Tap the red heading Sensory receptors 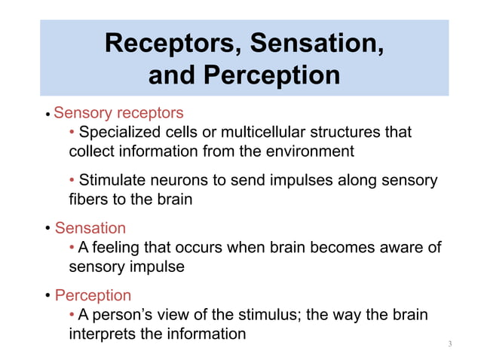click(118, 113)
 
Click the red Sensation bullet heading click(90, 228)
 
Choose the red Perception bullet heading click(93, 295)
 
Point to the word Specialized click(121, 133)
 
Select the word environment click(308, 151)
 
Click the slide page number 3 click(449, 345)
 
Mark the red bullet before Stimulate click(72, 181)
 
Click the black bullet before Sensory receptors click(47, 114)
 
